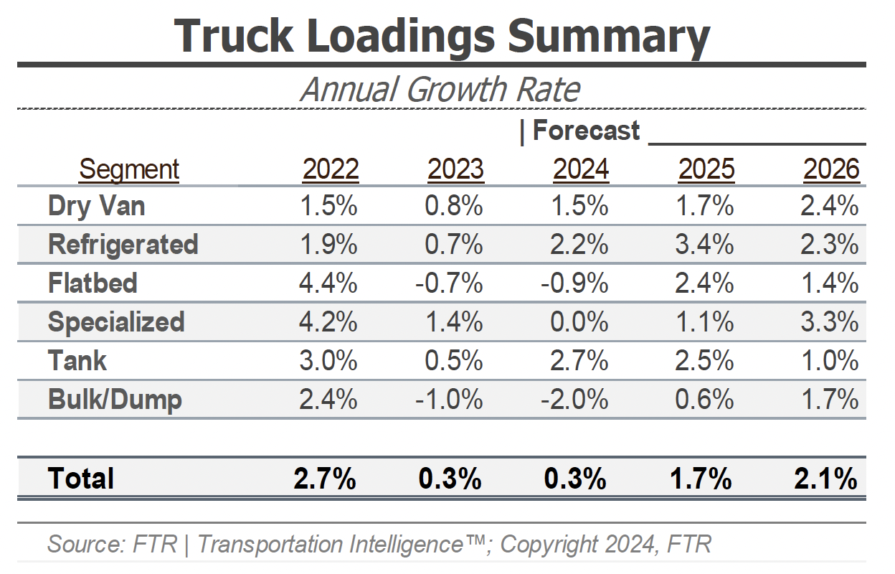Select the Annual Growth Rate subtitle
(x=440, y=90)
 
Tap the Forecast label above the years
(x=585, y=131)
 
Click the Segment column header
(x=129, y=169)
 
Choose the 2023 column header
(x=455, y=169)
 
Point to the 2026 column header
(x=831, y=169)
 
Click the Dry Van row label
(x=97, y=207)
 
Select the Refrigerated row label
(x=123, y=245)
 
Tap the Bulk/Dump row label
(x=115, y=400)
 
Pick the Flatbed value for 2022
(x=328, y=283)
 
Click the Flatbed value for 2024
(x=574, y=283)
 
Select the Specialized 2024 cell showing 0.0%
(x=579, y=322)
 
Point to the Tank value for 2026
(x=830, y=361)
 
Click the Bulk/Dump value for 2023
(x=449, y=400)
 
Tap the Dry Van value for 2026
(x=830, y=207)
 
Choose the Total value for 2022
(x=325, y=479)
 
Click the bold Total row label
(x=81, y=479)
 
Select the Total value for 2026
(x=826, y=479)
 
